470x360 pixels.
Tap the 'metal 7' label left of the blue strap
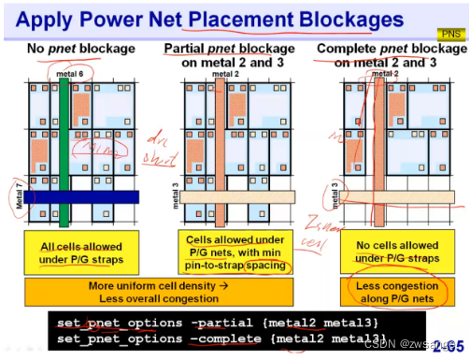click(20, 198)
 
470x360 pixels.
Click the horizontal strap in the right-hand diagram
click(383, 198)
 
